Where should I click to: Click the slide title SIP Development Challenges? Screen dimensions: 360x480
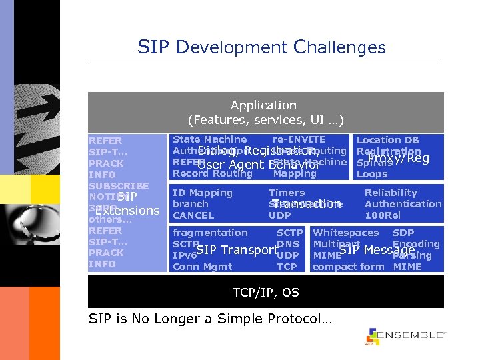click(261, 47)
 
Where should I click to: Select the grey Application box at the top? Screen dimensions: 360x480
click(265, 112)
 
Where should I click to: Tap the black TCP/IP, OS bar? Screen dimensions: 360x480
click(265, 293)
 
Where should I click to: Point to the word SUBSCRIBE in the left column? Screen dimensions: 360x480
click(119, 186)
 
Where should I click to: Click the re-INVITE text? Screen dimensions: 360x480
click(299, 139)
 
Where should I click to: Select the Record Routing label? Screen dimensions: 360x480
click(212, 174)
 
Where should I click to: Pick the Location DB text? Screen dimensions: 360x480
click(387, 140)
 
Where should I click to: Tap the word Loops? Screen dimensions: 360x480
click(372, 175)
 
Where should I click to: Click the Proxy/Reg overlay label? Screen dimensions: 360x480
click(399, 158)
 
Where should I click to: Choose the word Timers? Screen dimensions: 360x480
click(286, 193)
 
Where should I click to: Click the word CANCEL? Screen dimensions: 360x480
click(193, 215)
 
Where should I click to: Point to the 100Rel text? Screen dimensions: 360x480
click(383, 215)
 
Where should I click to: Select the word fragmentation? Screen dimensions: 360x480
click(209, 233)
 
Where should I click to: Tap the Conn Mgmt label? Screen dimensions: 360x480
click(202, 267)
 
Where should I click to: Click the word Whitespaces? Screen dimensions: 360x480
click(345, 233)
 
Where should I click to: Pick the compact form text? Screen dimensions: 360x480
click(348, 267)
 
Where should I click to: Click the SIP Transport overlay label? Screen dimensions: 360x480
click(236, 250)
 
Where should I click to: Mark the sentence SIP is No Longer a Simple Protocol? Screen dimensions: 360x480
click(209, 319)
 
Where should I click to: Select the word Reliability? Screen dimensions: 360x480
click(391, 193)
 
